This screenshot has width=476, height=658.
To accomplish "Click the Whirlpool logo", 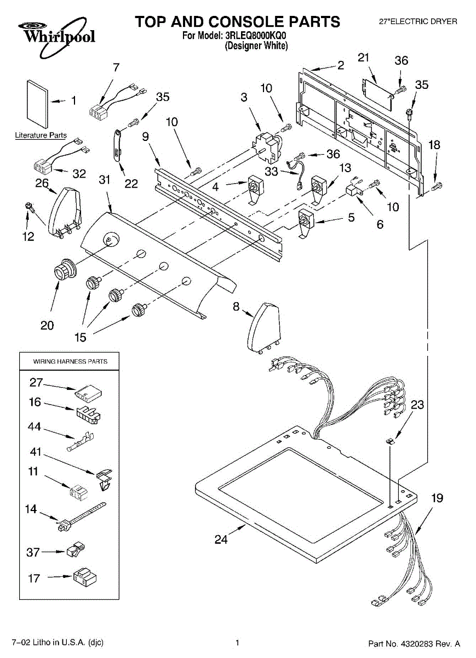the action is [56, 37].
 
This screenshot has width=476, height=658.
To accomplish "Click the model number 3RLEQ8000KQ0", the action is [256, 36].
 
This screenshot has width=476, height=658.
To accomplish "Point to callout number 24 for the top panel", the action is [221, 540].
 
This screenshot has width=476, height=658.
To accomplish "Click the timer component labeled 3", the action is [268, 148].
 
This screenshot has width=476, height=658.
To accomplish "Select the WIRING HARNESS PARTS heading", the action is [70, 361].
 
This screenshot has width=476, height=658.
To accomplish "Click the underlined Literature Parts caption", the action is [41, 135].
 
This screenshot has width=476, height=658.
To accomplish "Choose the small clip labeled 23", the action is [391, 441].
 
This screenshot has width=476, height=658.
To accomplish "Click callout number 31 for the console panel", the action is [105, 180].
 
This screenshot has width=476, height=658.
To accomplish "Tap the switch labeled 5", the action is [306, 222].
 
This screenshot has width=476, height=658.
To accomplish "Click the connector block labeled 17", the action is [85, 578].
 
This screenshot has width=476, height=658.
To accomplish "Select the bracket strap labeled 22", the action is [118, 145].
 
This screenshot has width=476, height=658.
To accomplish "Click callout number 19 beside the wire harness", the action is [437, 498].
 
